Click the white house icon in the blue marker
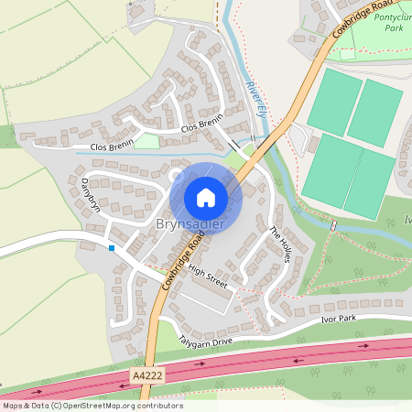pos(206,198)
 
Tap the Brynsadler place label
pos(190,224)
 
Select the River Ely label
pos(255,98)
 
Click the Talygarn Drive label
pos(206,342)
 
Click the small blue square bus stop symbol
pos(112,248)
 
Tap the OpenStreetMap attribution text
pos(92,406)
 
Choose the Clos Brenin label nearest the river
pos(201,125)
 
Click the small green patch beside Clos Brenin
pos(147,141)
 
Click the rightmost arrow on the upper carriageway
pos(363,347)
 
